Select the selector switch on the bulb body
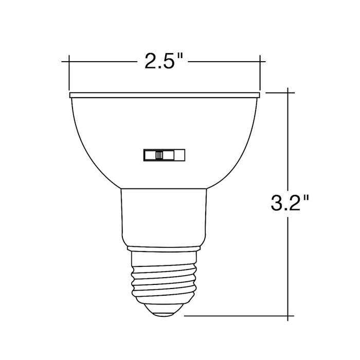pos(163,155)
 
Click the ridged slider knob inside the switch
pos(159,155)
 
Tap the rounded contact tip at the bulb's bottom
pos(164,310)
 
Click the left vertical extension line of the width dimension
pos(69,72)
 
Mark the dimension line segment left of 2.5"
pos(103,62)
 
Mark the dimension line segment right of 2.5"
pos(226,62)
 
